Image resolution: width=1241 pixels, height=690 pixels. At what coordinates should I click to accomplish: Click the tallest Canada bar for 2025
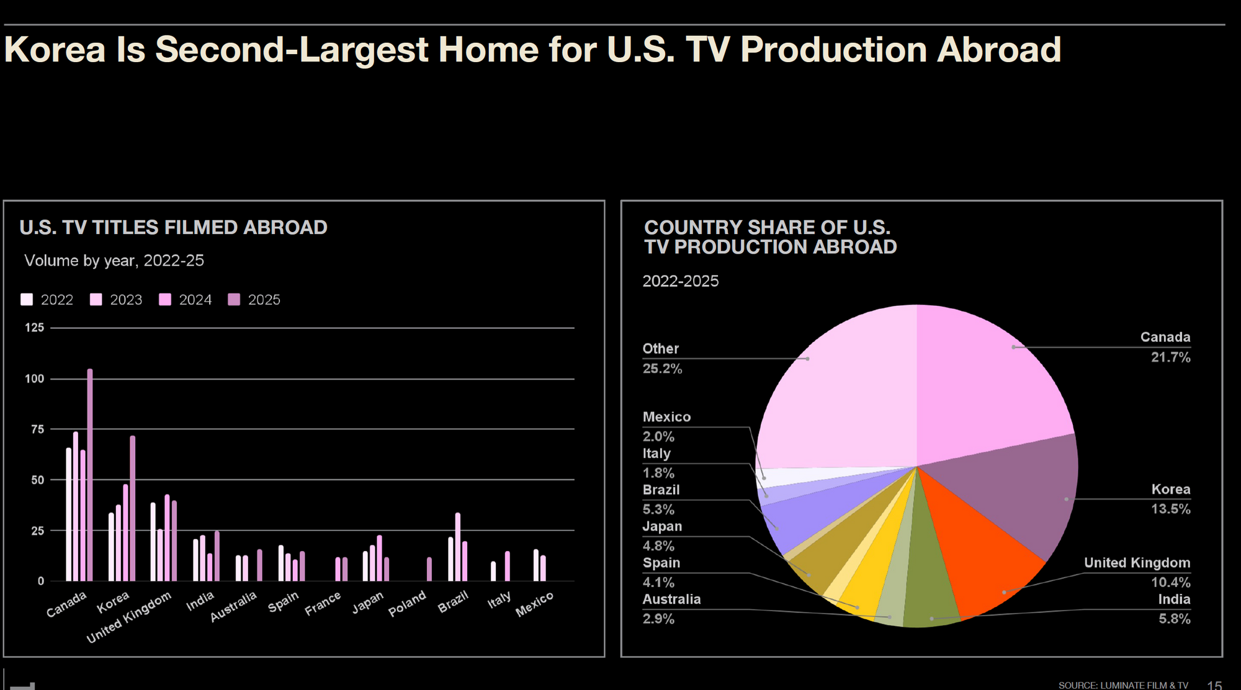(x=90, y=475)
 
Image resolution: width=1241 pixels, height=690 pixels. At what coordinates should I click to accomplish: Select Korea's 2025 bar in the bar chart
(x=132, y=508)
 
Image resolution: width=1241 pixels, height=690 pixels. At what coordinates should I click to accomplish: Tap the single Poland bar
(x=429, y=569)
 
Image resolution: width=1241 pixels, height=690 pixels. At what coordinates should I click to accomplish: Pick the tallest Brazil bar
(x=458, y=547)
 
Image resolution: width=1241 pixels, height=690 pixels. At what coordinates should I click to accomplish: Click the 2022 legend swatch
(x=27, y=300)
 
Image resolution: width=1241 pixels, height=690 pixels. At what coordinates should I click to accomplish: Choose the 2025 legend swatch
(x=234, y=300)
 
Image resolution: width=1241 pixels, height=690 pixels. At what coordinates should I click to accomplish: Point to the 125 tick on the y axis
(x=35, y=328)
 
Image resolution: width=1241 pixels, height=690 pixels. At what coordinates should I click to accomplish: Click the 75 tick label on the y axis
(x=37, y=429)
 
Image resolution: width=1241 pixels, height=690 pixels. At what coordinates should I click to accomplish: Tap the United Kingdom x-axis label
(x=128, y=617)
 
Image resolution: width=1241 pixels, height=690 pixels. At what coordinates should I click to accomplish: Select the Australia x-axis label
(x=233, y=606)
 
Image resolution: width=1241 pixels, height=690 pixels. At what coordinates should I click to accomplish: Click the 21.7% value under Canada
(x=1170, y=357)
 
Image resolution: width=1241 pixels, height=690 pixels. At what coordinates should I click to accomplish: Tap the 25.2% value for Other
(x=662, y=369)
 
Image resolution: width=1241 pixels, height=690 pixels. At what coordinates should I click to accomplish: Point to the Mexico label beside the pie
(x=666, y=417)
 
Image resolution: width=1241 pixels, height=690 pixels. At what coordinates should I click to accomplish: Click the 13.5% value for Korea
(x=1170, y=509)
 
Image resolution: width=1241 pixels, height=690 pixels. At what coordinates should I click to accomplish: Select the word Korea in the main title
(x=55, y=50)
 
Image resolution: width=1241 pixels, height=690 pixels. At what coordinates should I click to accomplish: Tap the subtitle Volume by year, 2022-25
(x=114, y=261)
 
